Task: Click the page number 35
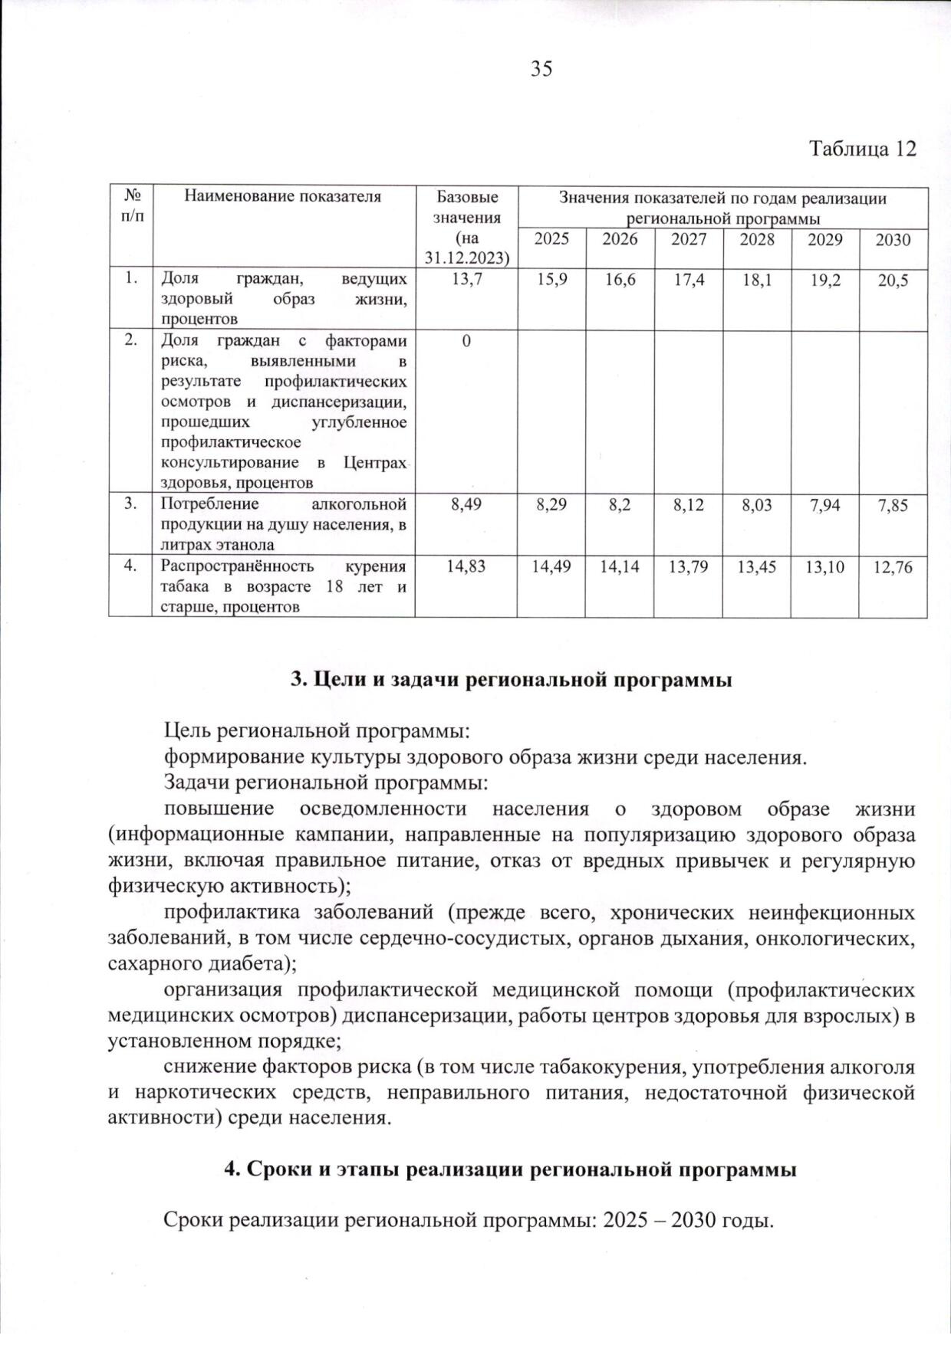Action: (541, 69)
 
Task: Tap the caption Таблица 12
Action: (863, 149)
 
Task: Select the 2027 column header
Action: (689, 240)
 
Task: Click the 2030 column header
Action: (893, 240)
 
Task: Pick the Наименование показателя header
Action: (282, 197)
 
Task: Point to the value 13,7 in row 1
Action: (467, 280)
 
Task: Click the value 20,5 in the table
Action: (893, 280)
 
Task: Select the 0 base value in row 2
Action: (466, 341)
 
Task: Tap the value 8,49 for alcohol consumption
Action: (467, 505)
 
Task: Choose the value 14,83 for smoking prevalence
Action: (467, 567)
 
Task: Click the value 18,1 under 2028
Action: (757, 280)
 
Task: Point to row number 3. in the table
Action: (131, 504)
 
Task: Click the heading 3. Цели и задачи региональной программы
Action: (512, 680)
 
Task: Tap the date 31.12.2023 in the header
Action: (467, 258)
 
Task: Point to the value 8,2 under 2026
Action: (620, 505)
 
